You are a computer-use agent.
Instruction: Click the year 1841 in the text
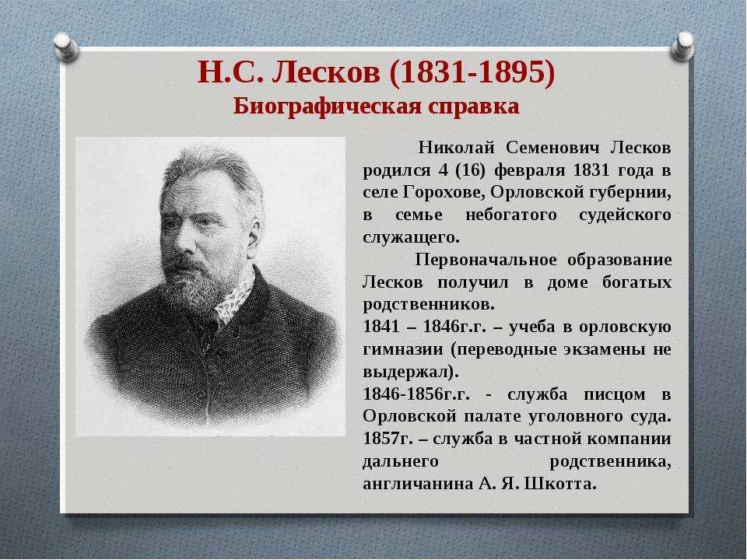[x=381, y=327]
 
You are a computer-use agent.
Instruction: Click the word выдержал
[x=409, y=371]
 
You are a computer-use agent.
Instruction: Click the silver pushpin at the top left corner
[x=67, y=44]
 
